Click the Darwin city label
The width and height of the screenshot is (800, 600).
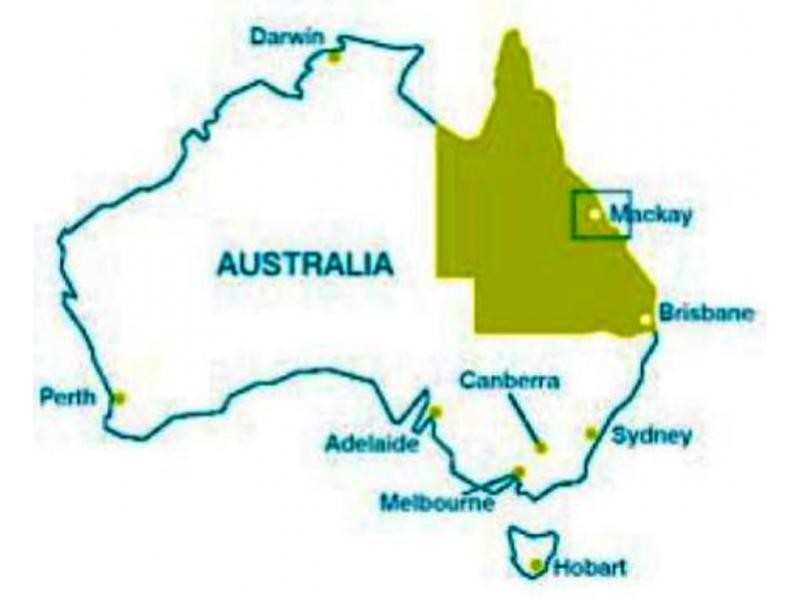[286, 37]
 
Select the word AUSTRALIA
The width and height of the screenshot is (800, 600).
[303, 265]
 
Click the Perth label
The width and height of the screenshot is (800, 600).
[67, 397]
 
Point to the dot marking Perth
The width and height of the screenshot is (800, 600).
[119, 397]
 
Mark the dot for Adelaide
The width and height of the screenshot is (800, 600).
[436, 411]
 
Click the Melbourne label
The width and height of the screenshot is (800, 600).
[437, 502]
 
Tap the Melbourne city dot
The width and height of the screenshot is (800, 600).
[518, 472]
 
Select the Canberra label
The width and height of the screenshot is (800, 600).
[510, 380]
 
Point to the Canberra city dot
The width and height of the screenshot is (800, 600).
[541, 448]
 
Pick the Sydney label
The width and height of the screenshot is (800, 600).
[651, 436]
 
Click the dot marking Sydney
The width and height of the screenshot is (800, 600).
[591, 433]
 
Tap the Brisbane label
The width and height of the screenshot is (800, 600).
[705, 313]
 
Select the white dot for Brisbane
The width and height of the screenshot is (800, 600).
[646, 320]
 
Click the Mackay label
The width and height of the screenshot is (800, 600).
[650, 214]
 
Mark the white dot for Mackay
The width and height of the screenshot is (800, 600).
[595, 213]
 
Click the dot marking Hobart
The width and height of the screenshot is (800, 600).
[537, 565]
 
